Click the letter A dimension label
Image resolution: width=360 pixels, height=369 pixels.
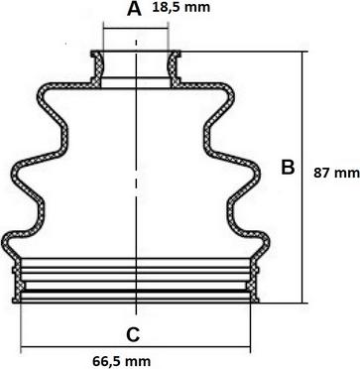pos(134,9)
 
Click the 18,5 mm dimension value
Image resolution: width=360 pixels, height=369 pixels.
pos(180,7)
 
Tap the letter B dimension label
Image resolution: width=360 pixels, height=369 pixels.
pos(288,167)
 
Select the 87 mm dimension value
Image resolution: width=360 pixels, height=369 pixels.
pos(336,173)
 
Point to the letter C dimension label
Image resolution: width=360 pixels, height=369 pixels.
pos(133,334)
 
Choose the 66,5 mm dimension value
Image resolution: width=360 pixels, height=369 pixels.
pos(122,361)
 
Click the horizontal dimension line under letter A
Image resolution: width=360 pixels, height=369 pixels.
pos(136,29)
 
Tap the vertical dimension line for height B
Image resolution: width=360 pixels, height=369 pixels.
pos(302,178)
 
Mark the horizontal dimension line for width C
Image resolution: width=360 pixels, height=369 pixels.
pos(136,347)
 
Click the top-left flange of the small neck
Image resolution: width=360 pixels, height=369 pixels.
pos(95,53)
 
